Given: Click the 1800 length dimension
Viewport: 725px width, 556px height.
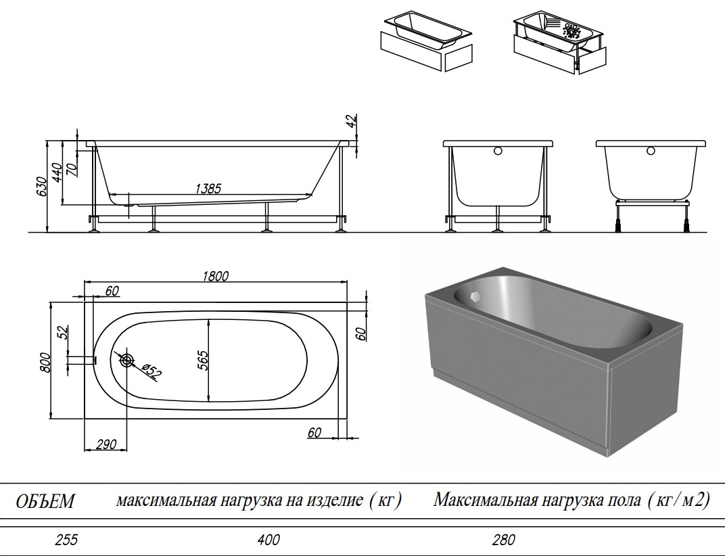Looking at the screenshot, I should click(x=215, y=275).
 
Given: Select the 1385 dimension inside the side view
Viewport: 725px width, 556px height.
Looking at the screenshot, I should click(x=208, y=189).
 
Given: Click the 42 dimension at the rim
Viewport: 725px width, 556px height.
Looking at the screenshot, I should click(x=350, y=122).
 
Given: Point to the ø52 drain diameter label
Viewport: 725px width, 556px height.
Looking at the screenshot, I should click(x=151, y=369).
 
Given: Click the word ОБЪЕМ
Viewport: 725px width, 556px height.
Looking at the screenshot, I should click(x=45, y=501).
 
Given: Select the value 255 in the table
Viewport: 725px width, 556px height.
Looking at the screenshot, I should click(x=66, y=540).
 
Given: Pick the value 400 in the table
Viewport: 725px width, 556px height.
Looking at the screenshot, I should click(x=268, y=540).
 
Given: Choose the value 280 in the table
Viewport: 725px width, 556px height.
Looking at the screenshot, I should click(x=504, y=540).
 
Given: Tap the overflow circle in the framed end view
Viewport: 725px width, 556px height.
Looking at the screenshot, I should click(x=498, y=152).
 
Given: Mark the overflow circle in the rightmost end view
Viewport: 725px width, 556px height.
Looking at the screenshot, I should click(x=651, y=152).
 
